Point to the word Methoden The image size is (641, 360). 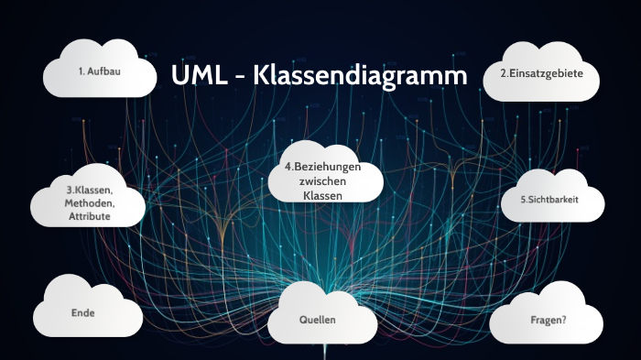pos(89,203)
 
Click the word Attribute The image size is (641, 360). pos(89,216)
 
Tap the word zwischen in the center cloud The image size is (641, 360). pos(322,182)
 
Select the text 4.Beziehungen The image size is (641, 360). pos(322,168)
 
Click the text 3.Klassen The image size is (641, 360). pos(89,191)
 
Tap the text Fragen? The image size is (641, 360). pos(548,320)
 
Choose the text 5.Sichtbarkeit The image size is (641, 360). pos(549,199)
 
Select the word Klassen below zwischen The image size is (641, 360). pos(322,196)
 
